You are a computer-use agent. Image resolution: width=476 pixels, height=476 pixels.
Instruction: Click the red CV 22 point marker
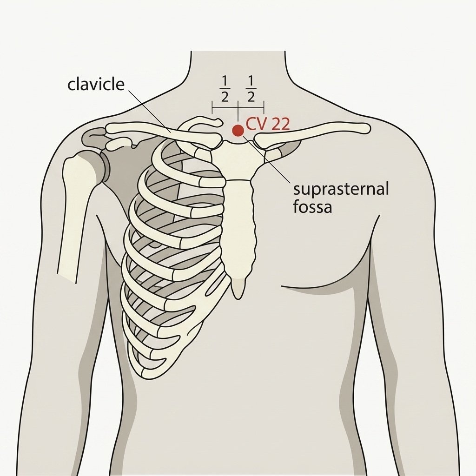click(238, 131)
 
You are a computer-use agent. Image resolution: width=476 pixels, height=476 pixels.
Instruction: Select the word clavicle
click(96, 85)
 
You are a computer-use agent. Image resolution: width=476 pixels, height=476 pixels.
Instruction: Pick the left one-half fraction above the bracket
click(225, 89)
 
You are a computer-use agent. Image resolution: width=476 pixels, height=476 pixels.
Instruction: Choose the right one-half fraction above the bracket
click(251, 89)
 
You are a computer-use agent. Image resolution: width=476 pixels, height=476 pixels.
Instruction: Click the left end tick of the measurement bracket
click(212, 108)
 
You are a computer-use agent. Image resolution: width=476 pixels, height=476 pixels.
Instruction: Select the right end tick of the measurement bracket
click(264, 108)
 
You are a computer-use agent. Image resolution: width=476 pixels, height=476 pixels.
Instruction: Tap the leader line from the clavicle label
click(149, 111)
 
